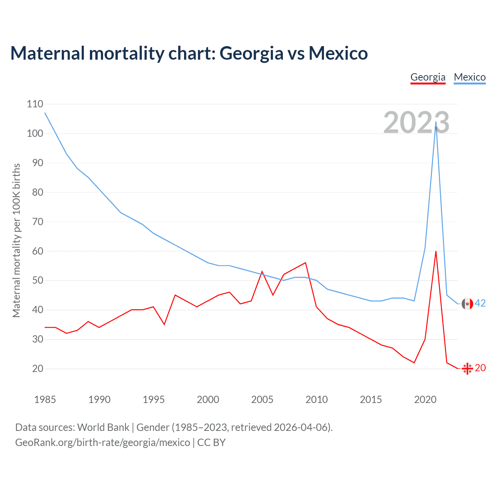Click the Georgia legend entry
pos(428,77)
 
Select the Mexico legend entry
pos(470,77)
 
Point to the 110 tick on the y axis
pos(35,104)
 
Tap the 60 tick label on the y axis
pos(38,251)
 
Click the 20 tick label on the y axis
pos(38,369)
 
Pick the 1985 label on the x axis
pos(45,400)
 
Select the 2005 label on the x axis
pos(262,400)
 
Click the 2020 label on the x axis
pos(425,400)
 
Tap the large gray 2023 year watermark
pos(417,122)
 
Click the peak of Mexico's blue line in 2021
pos(436,122)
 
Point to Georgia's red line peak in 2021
pos(436,251)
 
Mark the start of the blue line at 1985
pos(45,113)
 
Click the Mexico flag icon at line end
pos(467,304)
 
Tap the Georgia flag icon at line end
pos(467,369)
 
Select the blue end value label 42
pos(480,303)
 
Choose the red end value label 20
pos(480,368)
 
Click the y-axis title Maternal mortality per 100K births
pos(16,240)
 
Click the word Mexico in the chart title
pos(338,53)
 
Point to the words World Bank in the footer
pos(103,427)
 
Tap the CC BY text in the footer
pos(211,443)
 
